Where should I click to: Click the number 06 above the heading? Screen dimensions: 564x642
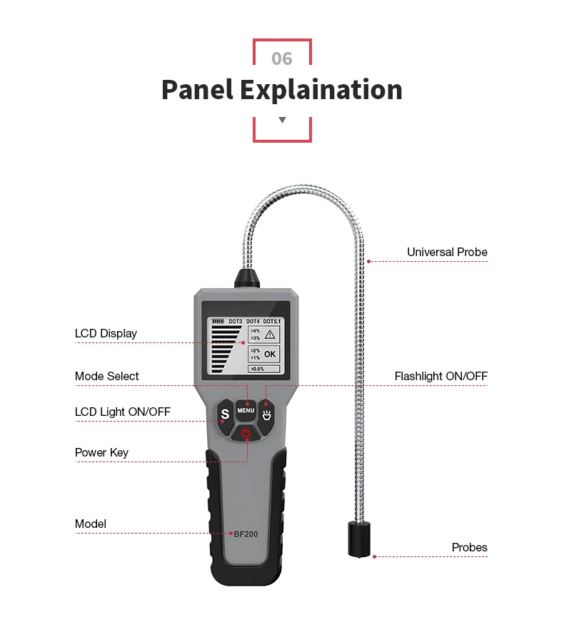(282, 58)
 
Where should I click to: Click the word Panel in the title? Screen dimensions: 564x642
(198, 90)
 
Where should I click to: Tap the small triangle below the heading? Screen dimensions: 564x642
(282, 120)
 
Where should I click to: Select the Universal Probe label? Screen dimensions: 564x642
(447, 253)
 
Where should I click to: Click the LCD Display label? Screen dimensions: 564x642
(106, 334)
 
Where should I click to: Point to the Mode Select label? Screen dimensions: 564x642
(106, 376)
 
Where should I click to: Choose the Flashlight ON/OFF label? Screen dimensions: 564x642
(441, 376)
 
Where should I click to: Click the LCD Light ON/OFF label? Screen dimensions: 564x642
(123, 412)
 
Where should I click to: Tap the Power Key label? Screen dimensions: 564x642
(101, 452)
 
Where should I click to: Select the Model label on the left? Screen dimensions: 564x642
(90, 524)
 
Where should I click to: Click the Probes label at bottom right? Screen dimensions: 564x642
(469, 547)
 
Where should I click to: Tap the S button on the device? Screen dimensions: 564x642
(225, 415)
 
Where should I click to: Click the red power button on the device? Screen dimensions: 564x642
(246, 433)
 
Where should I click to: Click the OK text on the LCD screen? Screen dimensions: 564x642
(270, 354)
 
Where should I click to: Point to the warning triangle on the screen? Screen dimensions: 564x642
(270, 335)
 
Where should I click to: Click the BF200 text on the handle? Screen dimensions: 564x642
(246, 534)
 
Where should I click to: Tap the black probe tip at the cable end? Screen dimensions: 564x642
(359, 539)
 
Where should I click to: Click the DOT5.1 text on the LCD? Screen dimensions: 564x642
(271, 322)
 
